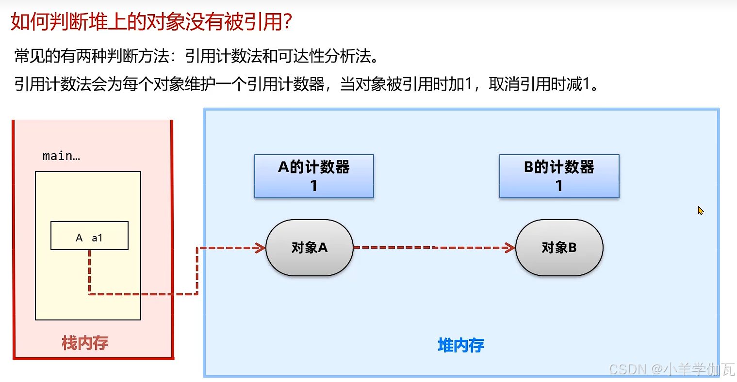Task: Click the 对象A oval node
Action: tap(309, 248)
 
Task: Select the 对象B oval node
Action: tap(559, 248)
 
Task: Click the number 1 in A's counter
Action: tap(314, 186)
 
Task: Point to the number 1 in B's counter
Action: tap(559, 186)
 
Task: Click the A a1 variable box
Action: tap(89, 236)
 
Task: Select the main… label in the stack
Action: tap(61, 156)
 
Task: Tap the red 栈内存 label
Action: tap(85, 343)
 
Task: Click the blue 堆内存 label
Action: tap(461, 345)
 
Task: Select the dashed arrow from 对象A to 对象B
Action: tap(432, 248)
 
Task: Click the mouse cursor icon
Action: tap(700, 210)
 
